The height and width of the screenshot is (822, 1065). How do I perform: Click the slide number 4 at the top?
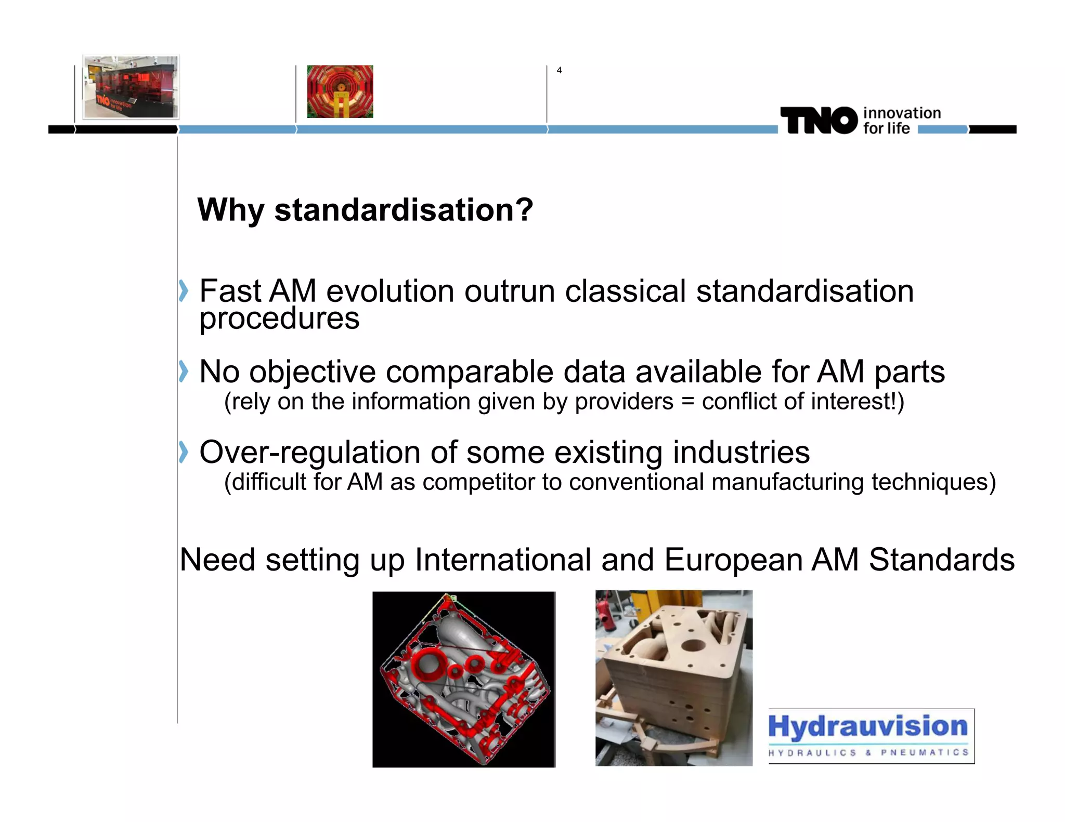click(x=559, y=70)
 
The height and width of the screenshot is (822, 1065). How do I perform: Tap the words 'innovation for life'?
click(x=901, y=121)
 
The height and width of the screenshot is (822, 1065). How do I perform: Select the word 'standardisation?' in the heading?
click(x=404, y=210)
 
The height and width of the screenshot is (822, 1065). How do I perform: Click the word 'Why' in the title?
click(x=231, y=210)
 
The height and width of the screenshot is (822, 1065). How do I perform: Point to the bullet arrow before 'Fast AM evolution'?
click(x=183, y=290)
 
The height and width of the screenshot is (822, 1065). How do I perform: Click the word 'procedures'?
click(x=279, y=319)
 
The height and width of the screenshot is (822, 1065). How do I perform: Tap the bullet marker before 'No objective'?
click(x=183, y=371)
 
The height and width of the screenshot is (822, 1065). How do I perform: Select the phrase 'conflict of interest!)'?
click(x=803, y=402)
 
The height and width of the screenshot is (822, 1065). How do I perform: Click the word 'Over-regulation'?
click(x=309, y=452)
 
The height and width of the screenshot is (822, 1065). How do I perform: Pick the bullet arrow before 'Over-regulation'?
click(x=183, y=452)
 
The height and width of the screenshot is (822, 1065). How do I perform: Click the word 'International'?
click(x=503, y=560)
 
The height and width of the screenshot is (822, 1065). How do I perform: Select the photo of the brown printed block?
click(x=673, y=678)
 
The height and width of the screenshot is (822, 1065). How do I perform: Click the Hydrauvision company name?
click(x=867, y=726)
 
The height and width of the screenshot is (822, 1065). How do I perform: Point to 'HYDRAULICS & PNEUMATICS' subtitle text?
click(x=868, y=752)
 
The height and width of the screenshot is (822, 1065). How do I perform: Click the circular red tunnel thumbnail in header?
click(x=340, y=91)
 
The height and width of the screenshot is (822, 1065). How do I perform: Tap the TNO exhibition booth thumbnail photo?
click(x=131, y=87)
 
